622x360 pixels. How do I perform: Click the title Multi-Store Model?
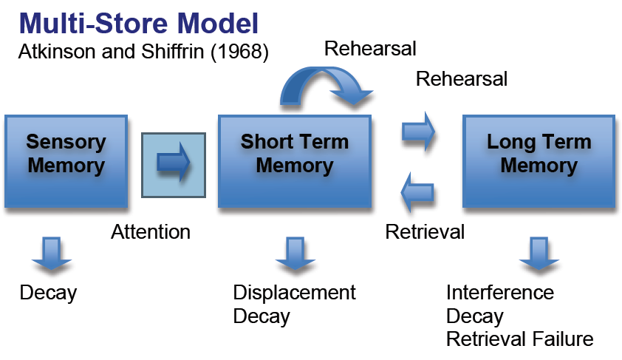[139, 23]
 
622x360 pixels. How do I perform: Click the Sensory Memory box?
[66, 160]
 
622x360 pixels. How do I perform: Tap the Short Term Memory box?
[294, 160]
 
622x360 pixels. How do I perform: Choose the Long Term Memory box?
[539, 160]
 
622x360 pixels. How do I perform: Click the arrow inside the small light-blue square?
[174, 163]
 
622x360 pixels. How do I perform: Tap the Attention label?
[151, 232]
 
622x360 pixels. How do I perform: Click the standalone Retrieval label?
[425, 232]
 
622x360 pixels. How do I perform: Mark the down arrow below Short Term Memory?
[294, 254]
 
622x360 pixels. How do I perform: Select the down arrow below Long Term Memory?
[539, 254]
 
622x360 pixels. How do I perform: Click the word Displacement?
[294, 293]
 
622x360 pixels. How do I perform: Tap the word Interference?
[499, 293]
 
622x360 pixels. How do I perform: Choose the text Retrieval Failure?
[519, 340]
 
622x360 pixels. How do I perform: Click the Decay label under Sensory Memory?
[48, 293]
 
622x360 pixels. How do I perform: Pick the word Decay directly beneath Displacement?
[262, 316]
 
